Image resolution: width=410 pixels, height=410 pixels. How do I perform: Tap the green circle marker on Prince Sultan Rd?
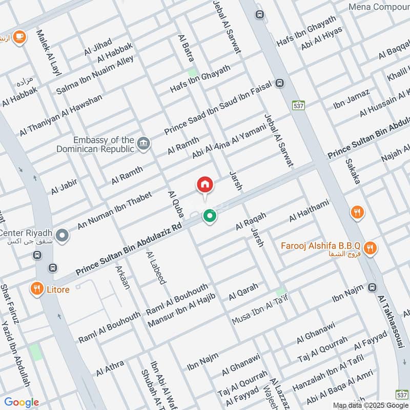[209, 217]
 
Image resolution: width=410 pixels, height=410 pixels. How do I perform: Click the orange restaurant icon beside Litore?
[36, 289]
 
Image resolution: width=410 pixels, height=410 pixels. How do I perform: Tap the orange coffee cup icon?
[19, 37]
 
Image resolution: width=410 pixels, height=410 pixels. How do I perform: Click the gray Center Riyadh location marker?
[63, 236]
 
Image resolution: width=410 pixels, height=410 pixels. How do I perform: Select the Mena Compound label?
[379, 7]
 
